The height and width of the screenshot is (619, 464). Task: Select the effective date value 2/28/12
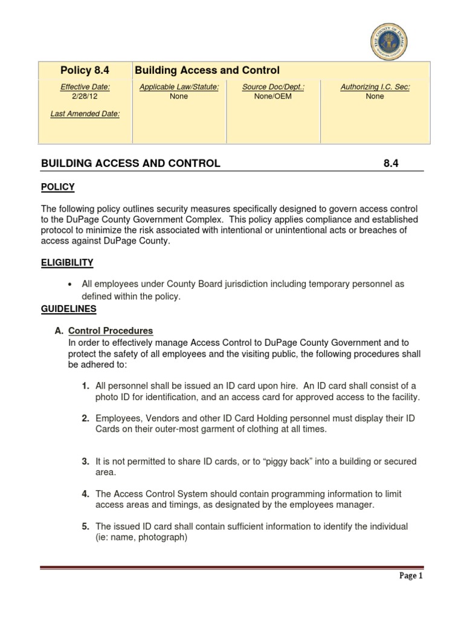(85, 96)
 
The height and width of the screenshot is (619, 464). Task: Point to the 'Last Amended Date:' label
(85, 114)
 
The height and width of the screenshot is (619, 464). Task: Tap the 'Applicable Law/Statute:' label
(179, 87)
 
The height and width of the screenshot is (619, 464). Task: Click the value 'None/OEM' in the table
(273, 96)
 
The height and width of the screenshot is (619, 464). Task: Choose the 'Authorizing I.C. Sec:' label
(375, 87)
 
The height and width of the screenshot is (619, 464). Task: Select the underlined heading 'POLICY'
(57, 187)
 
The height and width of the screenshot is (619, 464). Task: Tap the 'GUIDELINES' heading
(68, 308)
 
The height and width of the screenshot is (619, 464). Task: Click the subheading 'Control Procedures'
(111, 331)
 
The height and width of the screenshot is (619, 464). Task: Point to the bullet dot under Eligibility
(72, 284)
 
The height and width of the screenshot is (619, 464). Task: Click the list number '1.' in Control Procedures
(86, 386)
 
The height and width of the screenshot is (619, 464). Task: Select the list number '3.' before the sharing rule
(86, 461)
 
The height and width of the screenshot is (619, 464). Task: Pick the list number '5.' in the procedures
(86, 527)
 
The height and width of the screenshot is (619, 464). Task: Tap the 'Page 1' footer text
(411, 576)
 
